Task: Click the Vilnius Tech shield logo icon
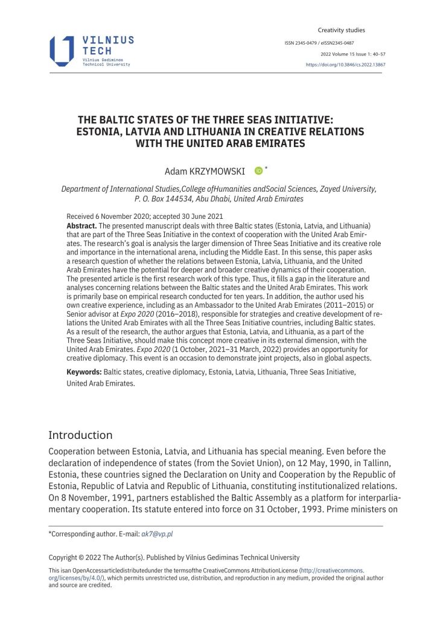pyautogui.click(x=62, y=51)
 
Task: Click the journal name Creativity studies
pyautogui.click(x=341, y=30)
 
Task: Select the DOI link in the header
pyautogui.click(x=344, y=64)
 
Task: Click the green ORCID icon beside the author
pyautogui.click(x=259, y=171)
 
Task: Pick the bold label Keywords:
pyautogui.click(x=85, y=372)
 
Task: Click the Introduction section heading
pyautogui.click(x=80, y=435)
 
